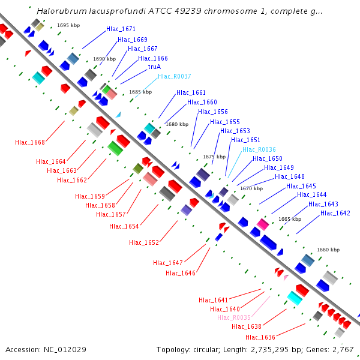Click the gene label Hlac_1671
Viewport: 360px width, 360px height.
tap(121, 29)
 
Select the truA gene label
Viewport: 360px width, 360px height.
tap(154, 67)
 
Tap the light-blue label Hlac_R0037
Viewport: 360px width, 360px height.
tap(174, 76)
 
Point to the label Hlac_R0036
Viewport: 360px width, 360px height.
tap(259, 149)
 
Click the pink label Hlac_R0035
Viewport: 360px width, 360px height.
tap(233, 317)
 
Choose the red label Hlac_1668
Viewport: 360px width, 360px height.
tap(30, 142)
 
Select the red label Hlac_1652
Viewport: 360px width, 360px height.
tap(144, 242)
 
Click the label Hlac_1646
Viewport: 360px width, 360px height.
tap(181, 273)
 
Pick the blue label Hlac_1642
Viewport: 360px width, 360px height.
tap(335, 213)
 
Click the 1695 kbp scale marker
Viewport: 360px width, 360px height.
tap(68, 26)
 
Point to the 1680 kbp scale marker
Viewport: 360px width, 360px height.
tap(176, 124)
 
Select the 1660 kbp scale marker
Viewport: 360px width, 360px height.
tap(328, 250)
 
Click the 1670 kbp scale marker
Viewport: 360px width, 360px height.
tap(251, 188)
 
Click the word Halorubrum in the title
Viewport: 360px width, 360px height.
tap(58, 11)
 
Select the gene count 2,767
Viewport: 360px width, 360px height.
tap(343, 349)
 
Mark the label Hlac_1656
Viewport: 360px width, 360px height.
tap(213, 112)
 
